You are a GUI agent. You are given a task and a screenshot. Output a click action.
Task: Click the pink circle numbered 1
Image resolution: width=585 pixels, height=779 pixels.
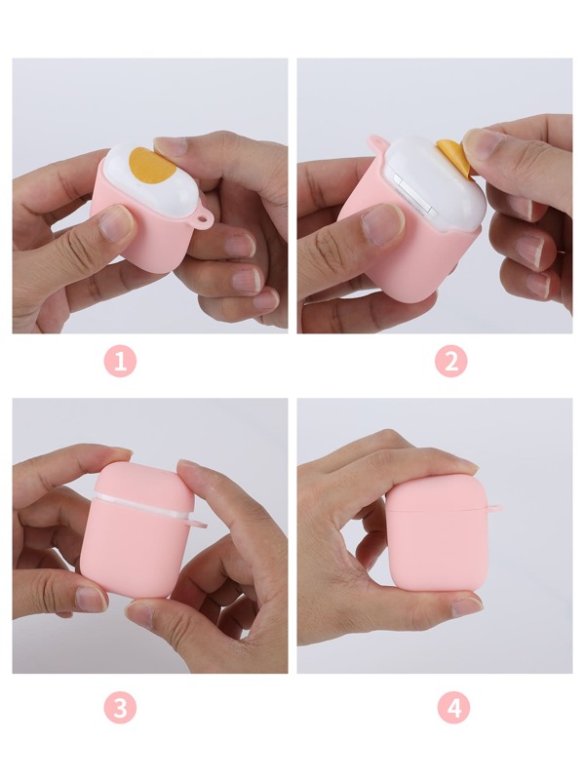point(120,362)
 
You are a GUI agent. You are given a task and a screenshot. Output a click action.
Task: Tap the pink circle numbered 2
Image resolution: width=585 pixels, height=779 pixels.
point(450,362)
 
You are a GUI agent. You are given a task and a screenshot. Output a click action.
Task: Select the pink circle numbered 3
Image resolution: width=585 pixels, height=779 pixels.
point(120,708)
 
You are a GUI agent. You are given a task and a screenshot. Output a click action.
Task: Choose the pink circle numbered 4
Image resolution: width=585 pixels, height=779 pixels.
point(452,708)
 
